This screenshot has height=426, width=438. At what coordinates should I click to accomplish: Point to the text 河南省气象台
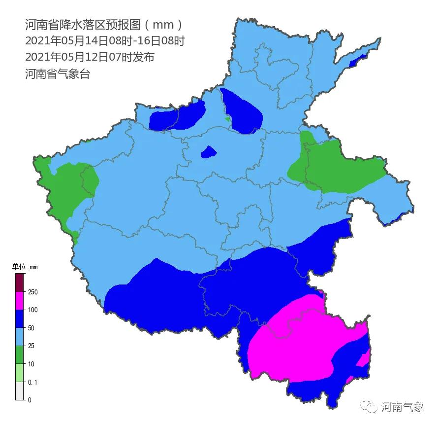click(58, 74)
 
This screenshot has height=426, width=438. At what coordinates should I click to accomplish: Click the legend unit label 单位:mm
click(25, 267)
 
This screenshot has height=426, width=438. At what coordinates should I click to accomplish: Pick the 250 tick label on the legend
click(33, 292)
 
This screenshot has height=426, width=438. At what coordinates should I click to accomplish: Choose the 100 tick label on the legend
click(33, 310)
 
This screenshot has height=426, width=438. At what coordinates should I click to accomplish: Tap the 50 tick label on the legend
click(32, 328)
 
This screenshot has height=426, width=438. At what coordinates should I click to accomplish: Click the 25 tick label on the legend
click(32, 346)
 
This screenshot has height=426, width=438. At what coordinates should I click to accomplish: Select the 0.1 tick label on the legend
click(33, 382)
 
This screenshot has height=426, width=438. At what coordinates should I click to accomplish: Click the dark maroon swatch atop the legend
click(20, 283)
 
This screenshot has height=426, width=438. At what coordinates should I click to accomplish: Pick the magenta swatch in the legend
click(20, 301)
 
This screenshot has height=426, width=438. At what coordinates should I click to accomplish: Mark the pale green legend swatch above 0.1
click(20, 373)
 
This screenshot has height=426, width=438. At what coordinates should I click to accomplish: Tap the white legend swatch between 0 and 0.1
click(20, 391)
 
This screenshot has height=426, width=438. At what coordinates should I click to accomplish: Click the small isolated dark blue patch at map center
click(209, 152)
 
